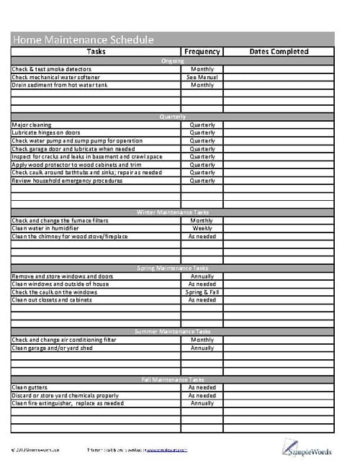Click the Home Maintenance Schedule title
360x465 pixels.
pyautogui.click(x=83, y=40)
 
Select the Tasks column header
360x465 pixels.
pyautogui.click(x=96, y=52)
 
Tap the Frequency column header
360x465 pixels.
pyautogui.click(x=202, y=52)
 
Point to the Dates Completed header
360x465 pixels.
pyautogui.click(x=279, y=52)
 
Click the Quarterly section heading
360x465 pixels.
pyautogui.click(x=173, y=117)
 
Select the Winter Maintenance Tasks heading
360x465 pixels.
pyautogui.click(x=173, y=212)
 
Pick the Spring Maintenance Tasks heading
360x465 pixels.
pyautogui.click(x=173, y=268)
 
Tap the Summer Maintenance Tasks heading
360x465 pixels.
pyautogui.click(x=173, y=331)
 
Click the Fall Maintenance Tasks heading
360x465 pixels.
pyautogui.click(x=173, y=379)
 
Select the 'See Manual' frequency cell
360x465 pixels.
pyautogui.click(x=202, y=77)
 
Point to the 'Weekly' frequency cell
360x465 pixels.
pyautogui.click(x=202, y=228)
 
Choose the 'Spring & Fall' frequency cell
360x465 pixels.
pyautogui.click(x=202, y=292)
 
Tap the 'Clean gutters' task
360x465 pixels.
pyautogui.click(x=30, y=387)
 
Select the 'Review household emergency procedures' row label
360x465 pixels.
pyautogui.click(x=68, y=181)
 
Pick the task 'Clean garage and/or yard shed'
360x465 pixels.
pyautogui.click(x=53, y=348)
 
